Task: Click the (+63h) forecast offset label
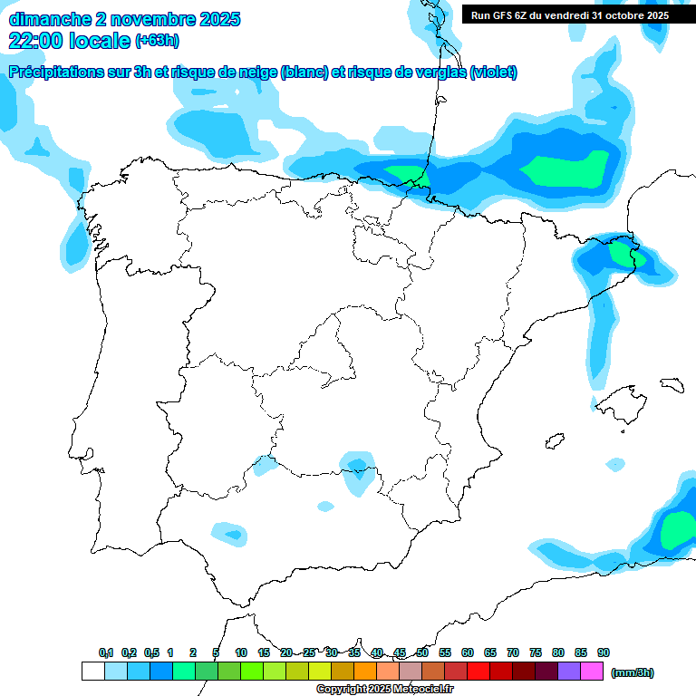[157, 40]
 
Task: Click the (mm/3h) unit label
[633, 672]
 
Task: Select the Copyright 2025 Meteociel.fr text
[384, 690]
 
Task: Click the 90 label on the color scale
[604, 652]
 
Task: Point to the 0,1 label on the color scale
[106, 652]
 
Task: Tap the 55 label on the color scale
[445, 652]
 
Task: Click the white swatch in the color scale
[93, 671]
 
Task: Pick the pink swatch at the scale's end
[592, 671]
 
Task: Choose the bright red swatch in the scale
[478, 671]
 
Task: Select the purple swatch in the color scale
[569, 671]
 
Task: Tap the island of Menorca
[671, 384]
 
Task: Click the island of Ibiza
[555, 441]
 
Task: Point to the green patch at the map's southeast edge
[678, 530]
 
